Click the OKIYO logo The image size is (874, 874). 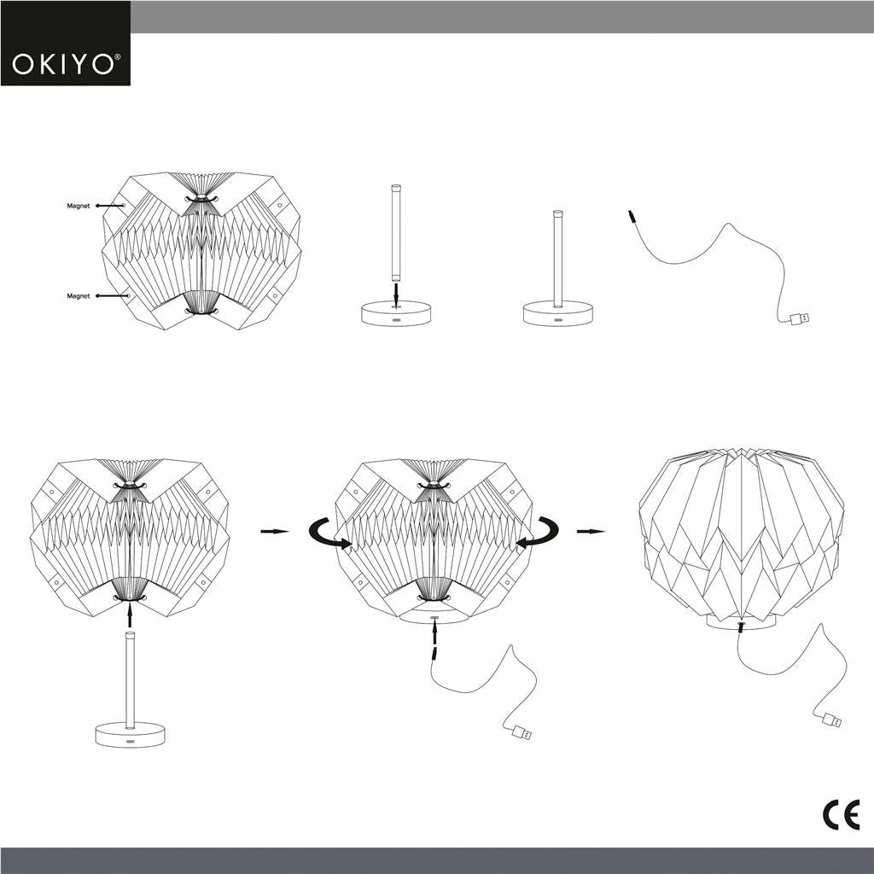(x=65, y=63)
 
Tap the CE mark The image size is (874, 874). (x=841, y=815)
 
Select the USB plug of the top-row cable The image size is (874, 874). (x=800, y=319)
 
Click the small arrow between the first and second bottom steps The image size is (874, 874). (x=274, y=531)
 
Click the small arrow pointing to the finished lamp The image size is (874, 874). (x=591, y=531)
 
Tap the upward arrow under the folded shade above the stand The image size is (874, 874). (x=130, y=613)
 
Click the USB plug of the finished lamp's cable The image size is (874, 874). (x=830, y=720)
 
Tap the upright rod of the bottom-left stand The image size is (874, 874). (x=130, y=679)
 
